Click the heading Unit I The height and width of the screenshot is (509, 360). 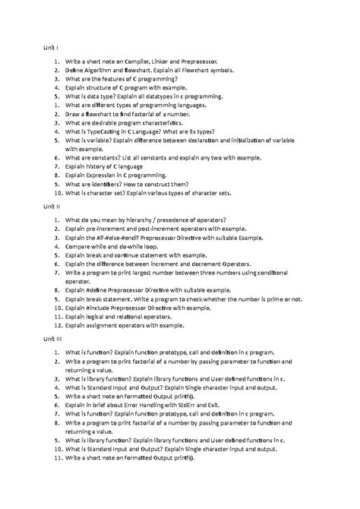(49, 47)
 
